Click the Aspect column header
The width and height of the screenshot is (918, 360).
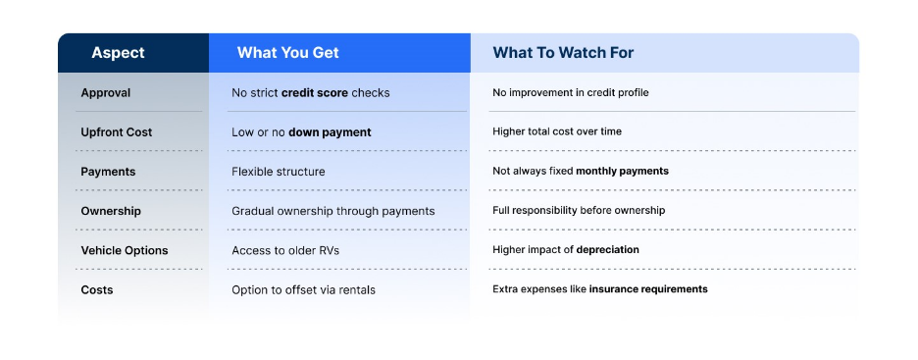(118, 53)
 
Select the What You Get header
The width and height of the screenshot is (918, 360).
(287, 53)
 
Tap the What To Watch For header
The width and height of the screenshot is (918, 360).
(563, 53)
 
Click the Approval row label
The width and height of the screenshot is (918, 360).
(105, 93)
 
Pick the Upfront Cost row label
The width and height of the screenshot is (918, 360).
(117, 132)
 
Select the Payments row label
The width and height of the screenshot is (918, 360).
(108, 172)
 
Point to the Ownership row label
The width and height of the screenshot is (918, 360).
(111, 211)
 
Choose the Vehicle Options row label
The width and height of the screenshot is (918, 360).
(125, 250)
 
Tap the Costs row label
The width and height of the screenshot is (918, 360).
(96, 289)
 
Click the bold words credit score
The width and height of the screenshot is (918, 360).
(315, 93)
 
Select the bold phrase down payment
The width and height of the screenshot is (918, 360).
(330, 132)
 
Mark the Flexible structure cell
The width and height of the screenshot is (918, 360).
(279, 172)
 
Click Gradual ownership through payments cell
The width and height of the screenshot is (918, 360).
(333, 211)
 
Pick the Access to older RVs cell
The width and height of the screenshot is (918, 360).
(285, 250)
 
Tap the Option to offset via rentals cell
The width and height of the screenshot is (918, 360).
(303, 289)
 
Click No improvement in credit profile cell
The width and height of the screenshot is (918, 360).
(570, 92)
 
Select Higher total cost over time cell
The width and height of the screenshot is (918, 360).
(557, 131)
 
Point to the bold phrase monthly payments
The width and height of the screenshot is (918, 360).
(623, 172)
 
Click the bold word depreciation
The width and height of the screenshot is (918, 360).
(608, 250)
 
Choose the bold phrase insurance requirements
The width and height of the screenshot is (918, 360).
(648, 289)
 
